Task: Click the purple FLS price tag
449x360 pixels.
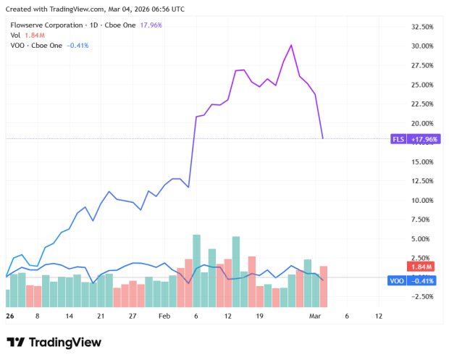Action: click(x=413, y=139)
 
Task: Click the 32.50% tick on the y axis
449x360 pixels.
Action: click(x=421, y=27)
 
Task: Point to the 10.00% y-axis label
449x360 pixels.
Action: click(x=421, y=200)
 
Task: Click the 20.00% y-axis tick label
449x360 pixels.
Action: click(x=421, y=123)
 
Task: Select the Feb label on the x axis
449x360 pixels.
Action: click(x=164, y=317)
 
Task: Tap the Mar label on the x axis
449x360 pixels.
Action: click(x=315, y=317)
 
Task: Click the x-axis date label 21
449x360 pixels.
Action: click(x=101, y=317)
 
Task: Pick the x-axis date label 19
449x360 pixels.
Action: click(x=260, y=317)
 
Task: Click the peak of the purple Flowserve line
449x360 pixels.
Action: click(x=291, y=45)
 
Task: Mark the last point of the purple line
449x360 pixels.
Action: click(x=323, y=138)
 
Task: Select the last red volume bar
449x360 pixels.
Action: click(x=323, y=286)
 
